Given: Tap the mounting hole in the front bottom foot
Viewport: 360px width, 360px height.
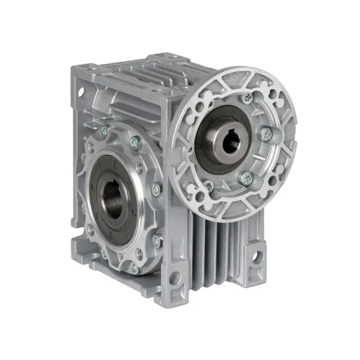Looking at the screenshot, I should tap(173, 278).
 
